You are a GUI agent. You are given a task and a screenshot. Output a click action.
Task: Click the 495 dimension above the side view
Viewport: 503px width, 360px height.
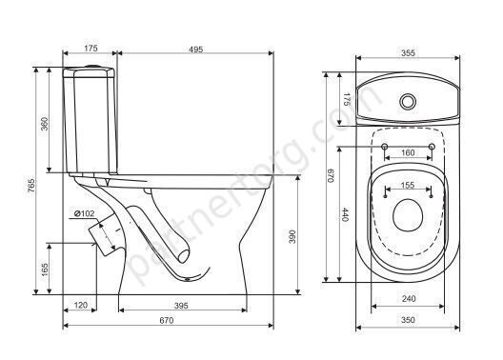click(195, 50)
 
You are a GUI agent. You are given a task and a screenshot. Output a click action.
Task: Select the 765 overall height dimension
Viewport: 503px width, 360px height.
click(31, 186)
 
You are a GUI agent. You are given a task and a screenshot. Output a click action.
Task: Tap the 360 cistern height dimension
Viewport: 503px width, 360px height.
click(45, 124)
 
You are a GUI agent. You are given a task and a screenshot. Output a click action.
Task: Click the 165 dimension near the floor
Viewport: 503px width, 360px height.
click(45, 270)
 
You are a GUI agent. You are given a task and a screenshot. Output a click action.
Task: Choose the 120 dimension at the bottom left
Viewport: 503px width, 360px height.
click(81, 305)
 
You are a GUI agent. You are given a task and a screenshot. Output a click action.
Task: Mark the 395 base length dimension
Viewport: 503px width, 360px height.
click(181, 306)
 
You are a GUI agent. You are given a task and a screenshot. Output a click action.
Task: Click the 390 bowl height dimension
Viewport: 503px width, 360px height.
click(292, 236)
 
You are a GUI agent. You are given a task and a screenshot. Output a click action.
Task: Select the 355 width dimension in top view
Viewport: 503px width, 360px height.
click(408, 53)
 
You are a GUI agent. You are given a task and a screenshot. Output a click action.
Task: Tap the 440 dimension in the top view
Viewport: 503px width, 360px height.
click(344, 214)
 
